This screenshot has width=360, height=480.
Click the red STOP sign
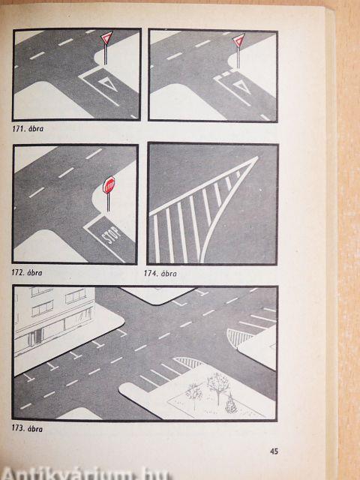click(x=108, y=185)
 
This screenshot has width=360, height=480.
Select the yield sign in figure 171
click(x=106, y=38)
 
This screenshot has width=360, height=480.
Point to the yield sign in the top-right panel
click(x=238, y=40)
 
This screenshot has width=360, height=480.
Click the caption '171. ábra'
click(x=28, y=129)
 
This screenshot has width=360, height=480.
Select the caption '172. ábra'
click(x=27, y=272)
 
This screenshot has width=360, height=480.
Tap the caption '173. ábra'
click(x=27, y=428)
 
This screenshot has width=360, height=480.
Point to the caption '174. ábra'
click(x=160, y=273)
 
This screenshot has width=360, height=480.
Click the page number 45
click(x=274, y=451)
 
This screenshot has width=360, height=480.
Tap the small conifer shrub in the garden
click(x=231, y=404)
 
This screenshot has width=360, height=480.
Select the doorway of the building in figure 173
click(x=35, y=337)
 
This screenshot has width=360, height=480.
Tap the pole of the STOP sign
click(x=108, y=202)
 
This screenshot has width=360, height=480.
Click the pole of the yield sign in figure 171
click(x=106, y=55)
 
